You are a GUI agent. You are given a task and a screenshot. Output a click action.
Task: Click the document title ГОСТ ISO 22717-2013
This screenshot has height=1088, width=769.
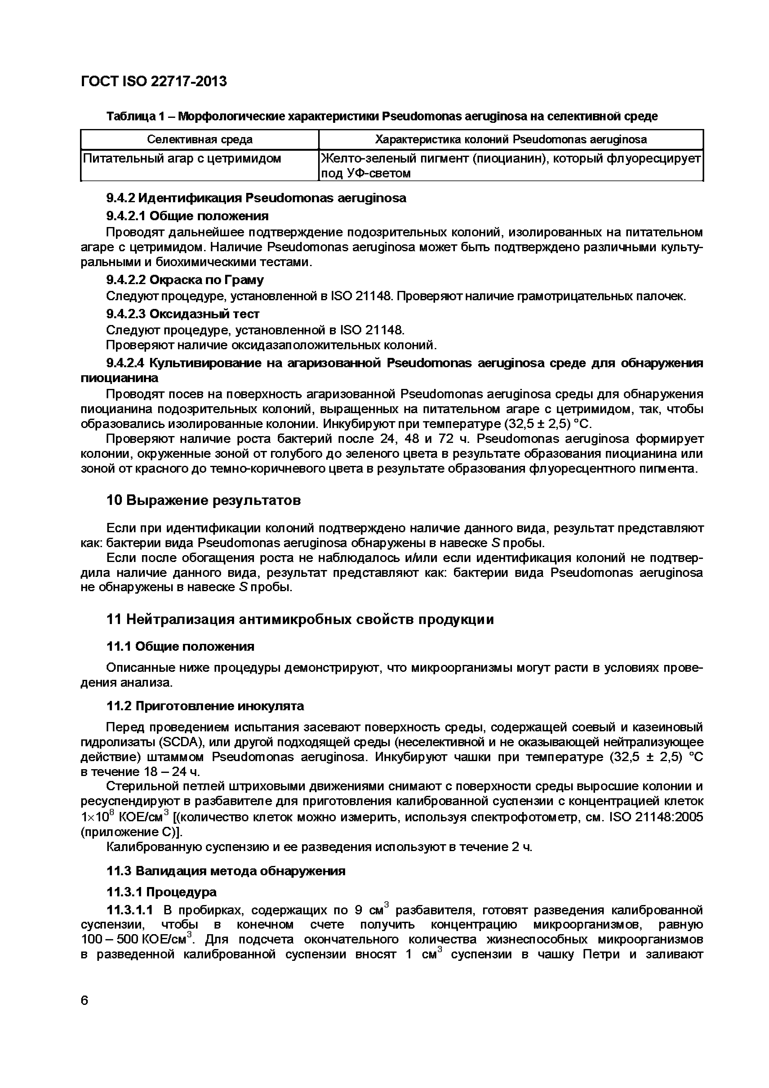[x=154, y=82]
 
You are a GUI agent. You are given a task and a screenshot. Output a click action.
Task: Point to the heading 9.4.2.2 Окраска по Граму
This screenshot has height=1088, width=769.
[x=185, y=280]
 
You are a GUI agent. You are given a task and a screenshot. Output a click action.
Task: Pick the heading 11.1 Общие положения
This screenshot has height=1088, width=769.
[x=180, y=646]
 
